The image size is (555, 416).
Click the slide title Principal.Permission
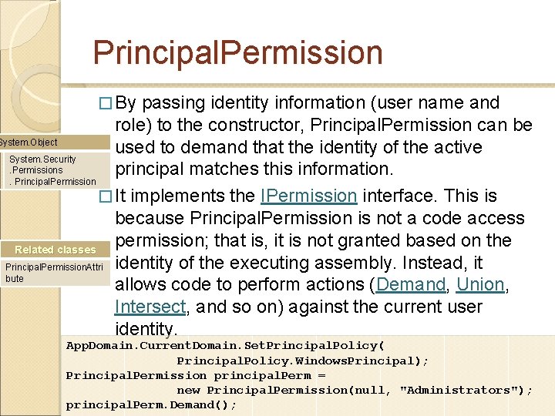click(237, 52)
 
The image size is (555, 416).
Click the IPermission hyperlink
click(308, 196)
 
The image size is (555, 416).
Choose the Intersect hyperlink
click(150, 307)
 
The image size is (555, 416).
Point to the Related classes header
click(55, 250)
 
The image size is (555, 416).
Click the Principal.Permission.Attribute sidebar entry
click(53, 272)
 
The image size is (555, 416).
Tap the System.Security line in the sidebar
click(42, 159)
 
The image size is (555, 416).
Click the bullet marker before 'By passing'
click(109, 103)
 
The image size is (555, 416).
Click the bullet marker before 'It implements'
click(109, 196)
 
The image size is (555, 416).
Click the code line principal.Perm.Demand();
click(151, 405)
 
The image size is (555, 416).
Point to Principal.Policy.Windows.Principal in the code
click(302, 361)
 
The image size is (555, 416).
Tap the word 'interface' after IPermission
click(408, 196)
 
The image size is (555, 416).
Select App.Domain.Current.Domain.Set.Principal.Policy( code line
click(225, 346)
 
